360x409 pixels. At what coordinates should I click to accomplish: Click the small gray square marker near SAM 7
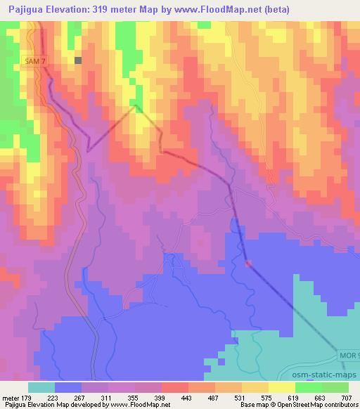(x=78, y=60)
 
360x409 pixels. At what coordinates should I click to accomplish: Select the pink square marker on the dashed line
(x=248, y=264)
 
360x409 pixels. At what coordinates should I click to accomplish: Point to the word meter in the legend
(x=13, y=398)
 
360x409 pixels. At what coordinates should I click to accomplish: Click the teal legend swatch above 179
(x=41, y=387)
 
